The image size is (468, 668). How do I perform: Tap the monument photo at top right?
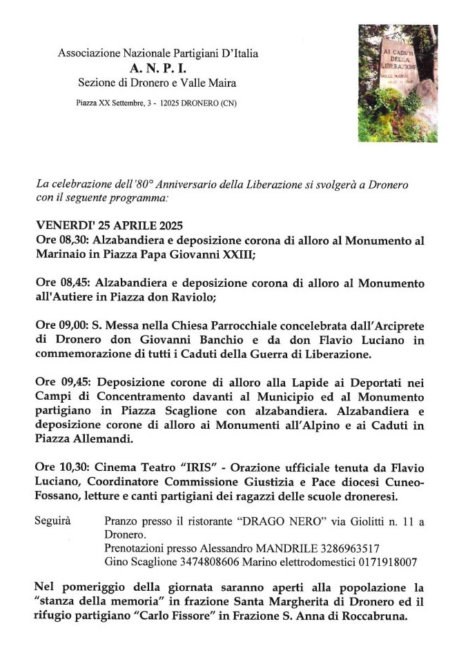click(398, 83)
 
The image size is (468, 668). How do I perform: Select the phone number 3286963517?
click(349, 549)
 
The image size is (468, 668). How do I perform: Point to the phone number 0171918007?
click(387, 563)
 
